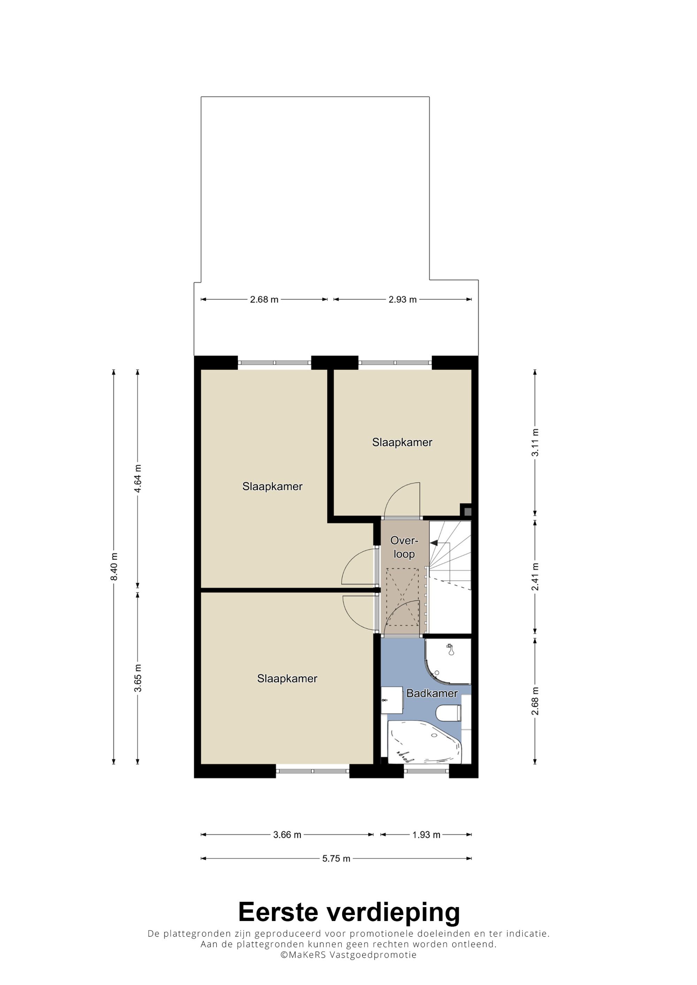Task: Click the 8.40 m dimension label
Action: point(114,567)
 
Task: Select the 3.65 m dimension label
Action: point(138,678)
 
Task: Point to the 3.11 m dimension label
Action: point(535,442)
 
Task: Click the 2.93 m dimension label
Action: point(403,299)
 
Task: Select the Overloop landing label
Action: point(404,547)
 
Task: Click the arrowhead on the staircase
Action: point(434,543)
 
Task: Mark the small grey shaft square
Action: point(468,511)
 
